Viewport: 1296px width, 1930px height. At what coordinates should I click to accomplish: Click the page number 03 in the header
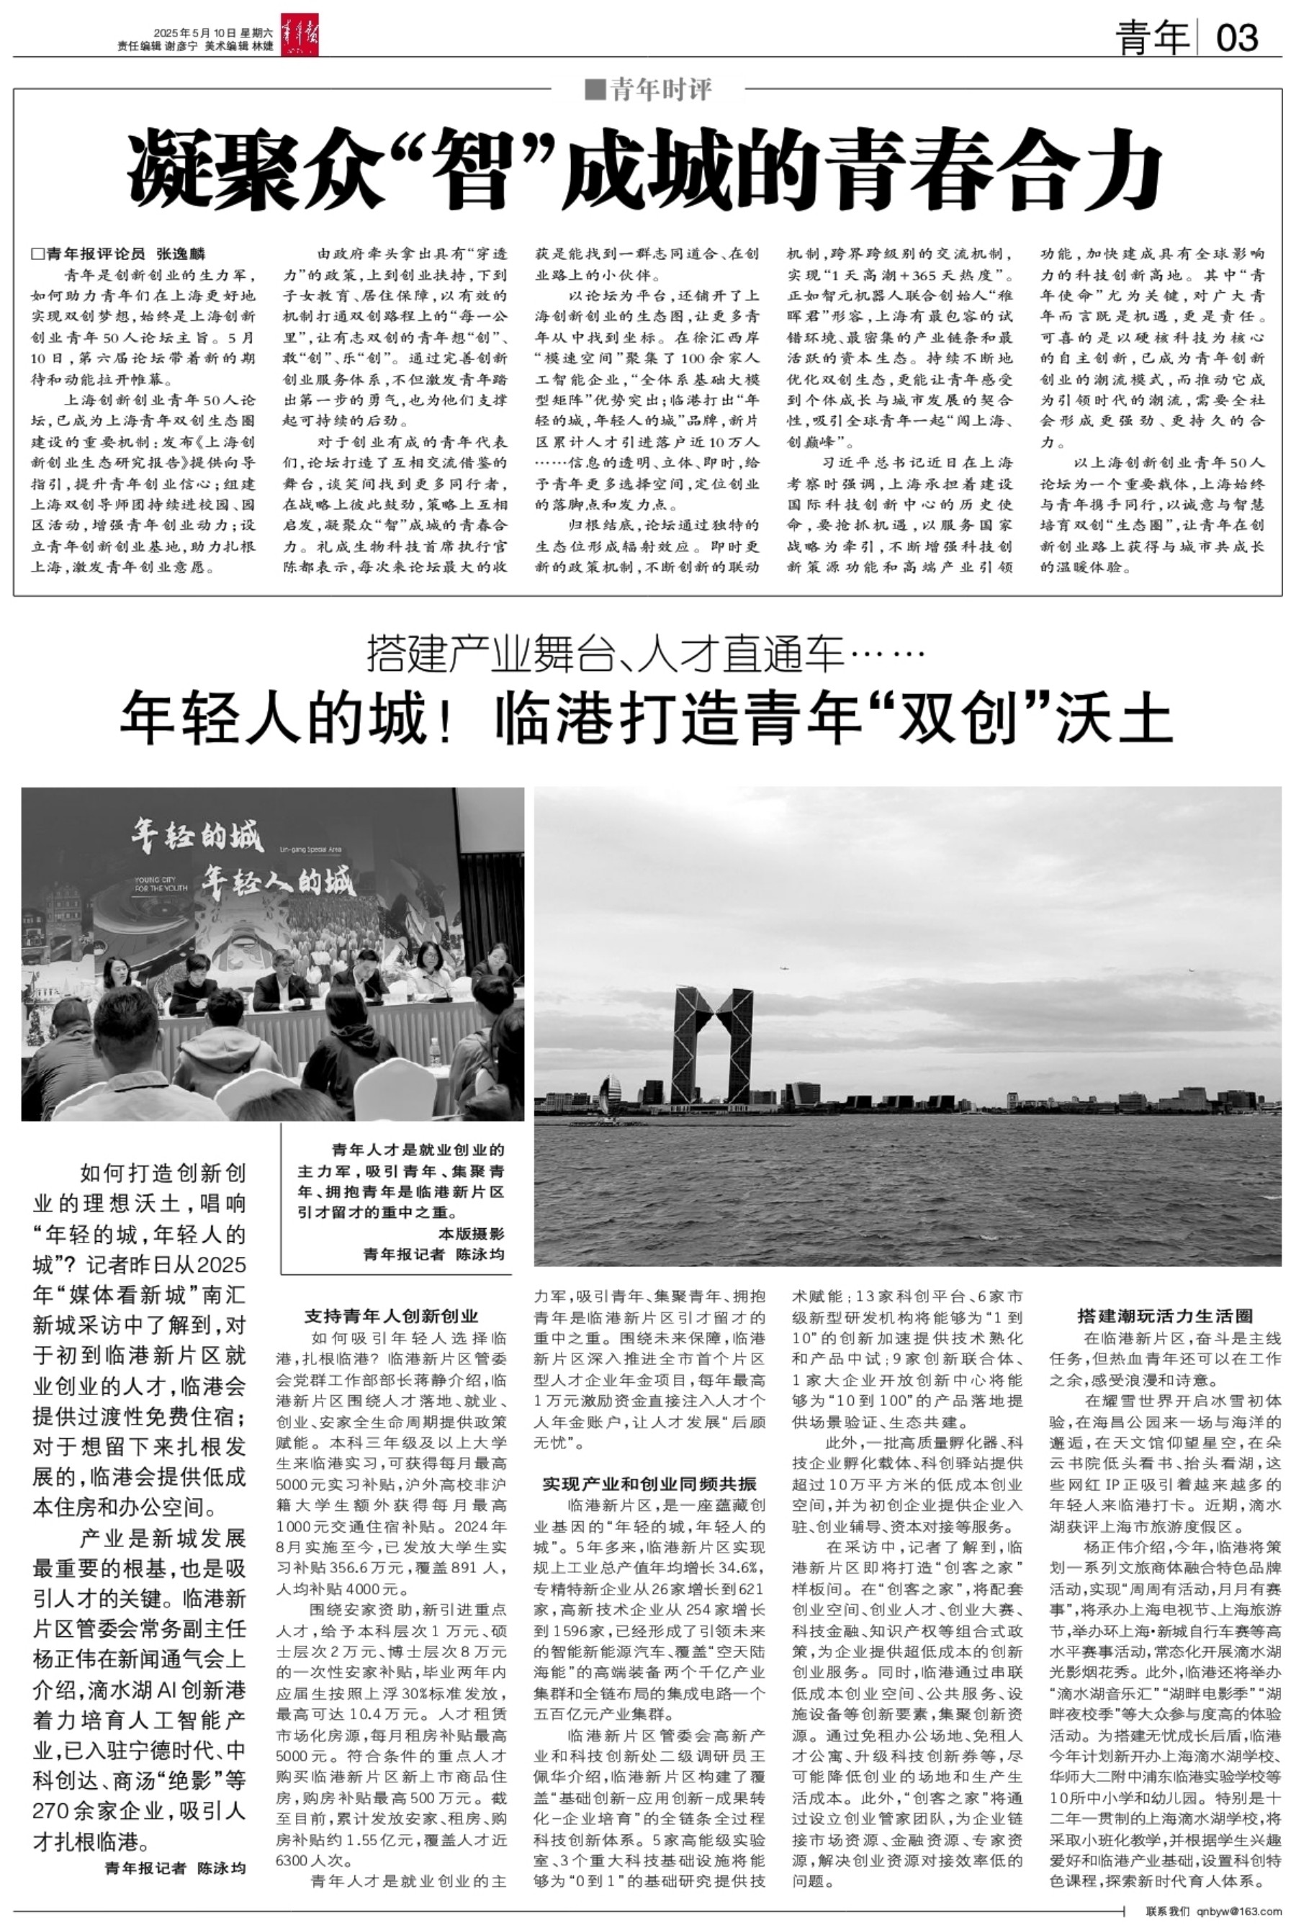tap(1237, 38)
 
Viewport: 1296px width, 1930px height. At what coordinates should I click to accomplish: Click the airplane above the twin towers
tap(783, 963)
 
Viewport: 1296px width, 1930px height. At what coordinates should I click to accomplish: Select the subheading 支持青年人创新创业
tap(391, 1316)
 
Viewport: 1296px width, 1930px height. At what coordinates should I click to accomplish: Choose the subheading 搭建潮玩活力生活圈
tap(1166, 1316)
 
